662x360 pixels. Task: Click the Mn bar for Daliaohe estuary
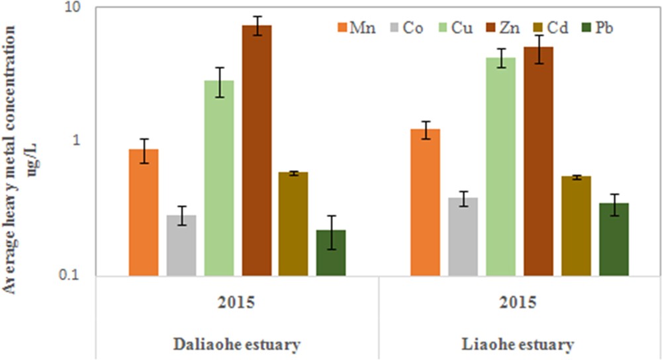pos(144,212)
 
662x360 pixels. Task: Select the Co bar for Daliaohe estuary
pos(181,246)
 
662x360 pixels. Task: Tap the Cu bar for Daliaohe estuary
pos(218,178)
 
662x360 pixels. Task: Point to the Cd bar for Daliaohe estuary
pos(293,224)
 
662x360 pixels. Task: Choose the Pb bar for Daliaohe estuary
pos(331,253)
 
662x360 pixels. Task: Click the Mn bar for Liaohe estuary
pos(426,202)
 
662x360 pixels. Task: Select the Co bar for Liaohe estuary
pos(463,237)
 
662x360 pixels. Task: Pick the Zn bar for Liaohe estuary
pos(538,161)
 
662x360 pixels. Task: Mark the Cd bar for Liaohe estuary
pos(575,226)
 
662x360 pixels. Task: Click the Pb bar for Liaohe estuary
pos(613,240)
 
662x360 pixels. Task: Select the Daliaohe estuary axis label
pos(237,345)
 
